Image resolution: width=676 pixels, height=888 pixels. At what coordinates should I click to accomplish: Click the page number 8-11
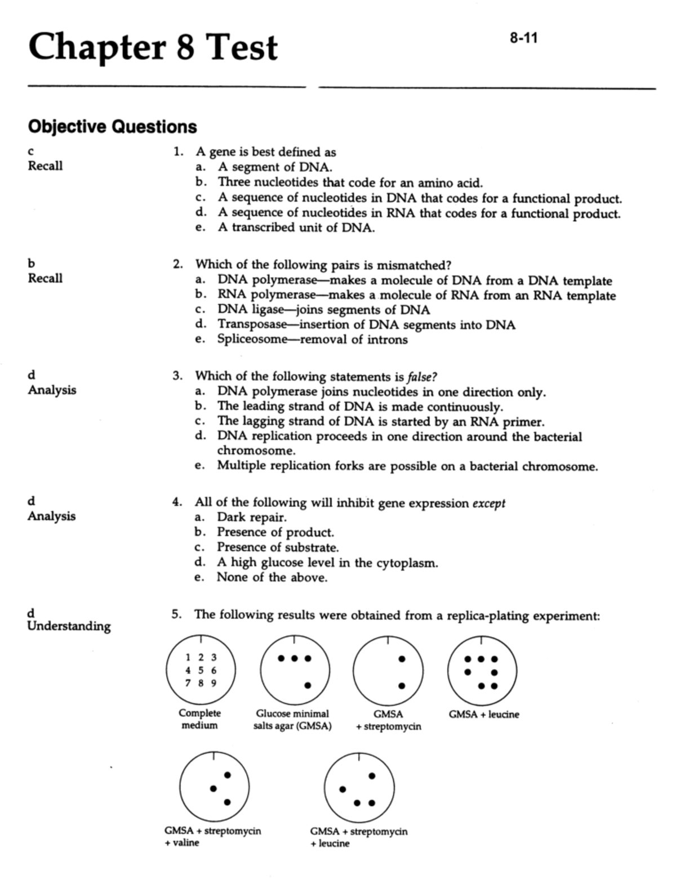523,38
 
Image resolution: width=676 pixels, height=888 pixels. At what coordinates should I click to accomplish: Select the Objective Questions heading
112,127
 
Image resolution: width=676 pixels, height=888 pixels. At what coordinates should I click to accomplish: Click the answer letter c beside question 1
31,151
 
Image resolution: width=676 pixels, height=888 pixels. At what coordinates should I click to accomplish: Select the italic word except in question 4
488,503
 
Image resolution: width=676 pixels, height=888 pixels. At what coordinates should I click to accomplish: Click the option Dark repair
252,517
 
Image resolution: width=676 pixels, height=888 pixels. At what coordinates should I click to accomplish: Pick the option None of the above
272,577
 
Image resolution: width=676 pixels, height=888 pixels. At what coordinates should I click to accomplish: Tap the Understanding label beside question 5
69,626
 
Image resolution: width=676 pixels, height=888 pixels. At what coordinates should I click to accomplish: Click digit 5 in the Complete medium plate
201,670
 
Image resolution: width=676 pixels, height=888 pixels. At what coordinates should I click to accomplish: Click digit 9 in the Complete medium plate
214,684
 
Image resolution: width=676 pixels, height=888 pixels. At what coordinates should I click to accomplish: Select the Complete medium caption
200,719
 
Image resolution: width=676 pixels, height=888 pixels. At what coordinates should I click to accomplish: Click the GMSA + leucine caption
484,715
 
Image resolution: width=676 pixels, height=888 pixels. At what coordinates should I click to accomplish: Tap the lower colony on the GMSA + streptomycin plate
402,685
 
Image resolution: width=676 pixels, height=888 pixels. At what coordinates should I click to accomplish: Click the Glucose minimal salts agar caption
292,720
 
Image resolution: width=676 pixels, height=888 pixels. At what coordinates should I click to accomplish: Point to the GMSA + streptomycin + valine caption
212,837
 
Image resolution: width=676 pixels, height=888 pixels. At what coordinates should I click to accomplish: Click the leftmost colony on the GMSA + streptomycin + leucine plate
343,789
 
